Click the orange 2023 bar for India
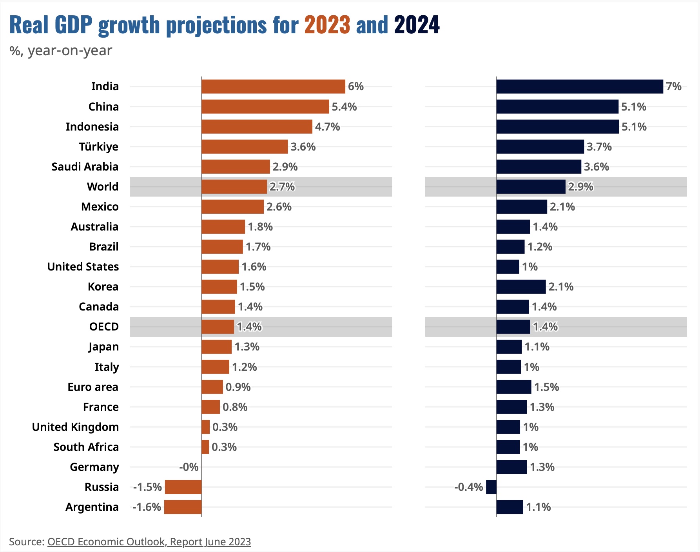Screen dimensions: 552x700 tap(273, 87)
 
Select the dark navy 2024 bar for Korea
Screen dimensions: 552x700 tap(521, 287)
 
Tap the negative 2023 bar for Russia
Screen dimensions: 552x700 tap(183, 487)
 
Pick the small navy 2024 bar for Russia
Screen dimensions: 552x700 tap(491, 487)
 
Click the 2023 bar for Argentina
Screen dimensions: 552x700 tap(183, 507)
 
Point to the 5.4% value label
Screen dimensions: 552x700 tap(344, 107)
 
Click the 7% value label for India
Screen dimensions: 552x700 tap(673, 87)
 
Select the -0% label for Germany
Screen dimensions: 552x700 tap(189, 467)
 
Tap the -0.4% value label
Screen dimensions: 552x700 tap(468, 487)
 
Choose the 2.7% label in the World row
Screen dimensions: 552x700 tap(282, 187)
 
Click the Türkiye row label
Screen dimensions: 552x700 tap(99, 147)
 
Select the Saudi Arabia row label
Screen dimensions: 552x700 tap(85, 167)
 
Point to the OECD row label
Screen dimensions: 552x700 tap(104, 327)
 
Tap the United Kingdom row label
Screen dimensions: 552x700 tap(75, 427)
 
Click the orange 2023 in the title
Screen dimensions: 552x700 tap(327, 25)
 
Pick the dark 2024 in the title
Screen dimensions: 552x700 tap(417, 25)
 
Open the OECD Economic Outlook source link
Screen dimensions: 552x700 tap(149, 542)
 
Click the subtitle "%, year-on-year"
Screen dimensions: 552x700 tap(61, 51)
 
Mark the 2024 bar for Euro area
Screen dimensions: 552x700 tap(514, 387)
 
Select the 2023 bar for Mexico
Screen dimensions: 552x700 tap(232, 207)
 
